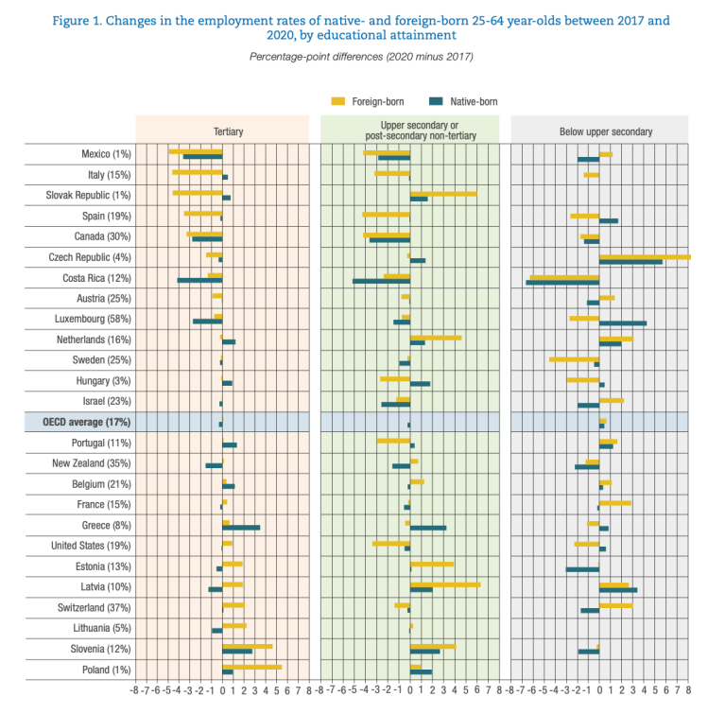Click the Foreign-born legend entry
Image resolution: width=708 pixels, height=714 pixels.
tap(364, 100)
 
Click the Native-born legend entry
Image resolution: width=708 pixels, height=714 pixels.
tap(463, 100)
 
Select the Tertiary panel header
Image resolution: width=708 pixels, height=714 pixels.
tap(222, 131)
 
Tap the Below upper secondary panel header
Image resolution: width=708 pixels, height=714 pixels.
tap(599, 131)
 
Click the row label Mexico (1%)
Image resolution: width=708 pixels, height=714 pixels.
tap(107, 154)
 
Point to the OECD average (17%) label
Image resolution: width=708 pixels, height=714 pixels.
tap(92, 422)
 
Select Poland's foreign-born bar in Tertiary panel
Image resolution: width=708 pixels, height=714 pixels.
tap(251, 667)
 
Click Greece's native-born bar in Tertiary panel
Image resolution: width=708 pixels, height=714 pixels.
tap(241, 528)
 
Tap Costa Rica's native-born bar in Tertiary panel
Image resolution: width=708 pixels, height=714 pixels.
tap(199, 280)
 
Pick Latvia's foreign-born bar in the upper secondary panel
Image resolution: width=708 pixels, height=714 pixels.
tap(445, 584)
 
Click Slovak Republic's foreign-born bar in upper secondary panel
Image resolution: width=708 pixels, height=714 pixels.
tap(443, 193)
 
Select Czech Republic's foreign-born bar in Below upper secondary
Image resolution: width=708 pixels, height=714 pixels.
tap(644, 255)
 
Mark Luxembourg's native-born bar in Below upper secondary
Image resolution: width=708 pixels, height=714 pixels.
tap(623, 322)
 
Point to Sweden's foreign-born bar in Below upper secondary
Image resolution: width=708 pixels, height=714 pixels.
tap(574, 358)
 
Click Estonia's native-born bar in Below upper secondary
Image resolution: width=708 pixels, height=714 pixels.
tap(582, 569)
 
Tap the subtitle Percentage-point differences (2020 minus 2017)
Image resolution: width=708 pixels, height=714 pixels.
tap(361, 57)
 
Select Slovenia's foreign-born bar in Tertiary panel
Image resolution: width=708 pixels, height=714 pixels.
tap(247, 646)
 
